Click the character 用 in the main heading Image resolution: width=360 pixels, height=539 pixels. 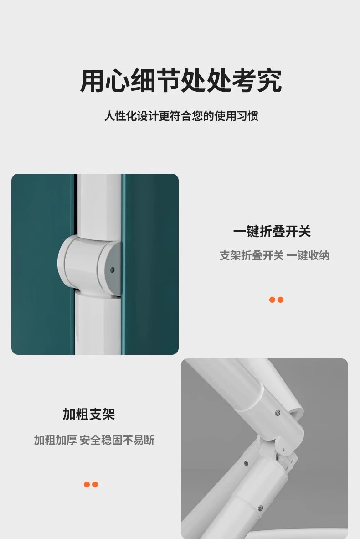[92, 81]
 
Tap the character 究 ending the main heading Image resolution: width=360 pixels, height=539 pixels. [270, 81]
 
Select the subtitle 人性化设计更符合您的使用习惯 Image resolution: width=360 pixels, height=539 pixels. [181, 116]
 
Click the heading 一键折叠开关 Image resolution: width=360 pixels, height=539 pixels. [272, 231]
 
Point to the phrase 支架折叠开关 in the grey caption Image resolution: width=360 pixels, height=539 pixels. [252, 255]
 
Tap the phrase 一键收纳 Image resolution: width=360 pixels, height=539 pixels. [308, 255]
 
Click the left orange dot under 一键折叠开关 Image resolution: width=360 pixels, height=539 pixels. [273, 300]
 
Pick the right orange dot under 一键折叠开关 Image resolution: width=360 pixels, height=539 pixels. [280, 300]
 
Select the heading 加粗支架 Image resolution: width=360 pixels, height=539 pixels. [88, 414]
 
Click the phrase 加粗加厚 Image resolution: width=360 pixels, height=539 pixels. [55, 440]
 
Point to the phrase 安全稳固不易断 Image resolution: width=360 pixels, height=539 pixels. [117, 440]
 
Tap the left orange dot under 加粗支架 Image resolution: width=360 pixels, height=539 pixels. [87, 484]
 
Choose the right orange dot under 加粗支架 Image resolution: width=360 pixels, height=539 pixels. [95, 484]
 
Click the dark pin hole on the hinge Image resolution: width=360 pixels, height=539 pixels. [111, 270]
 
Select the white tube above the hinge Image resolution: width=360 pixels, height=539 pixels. [99, 205]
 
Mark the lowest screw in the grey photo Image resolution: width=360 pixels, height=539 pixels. [260, 508]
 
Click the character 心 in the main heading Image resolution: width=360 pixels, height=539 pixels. [118, 81]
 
